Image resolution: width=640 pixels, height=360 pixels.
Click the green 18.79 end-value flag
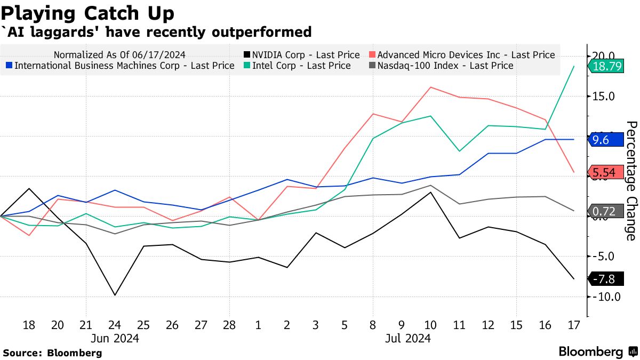pyautogui.click(x=606, y=66)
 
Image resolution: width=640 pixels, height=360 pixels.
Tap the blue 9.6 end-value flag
pyautogui.click(x=606, y=140)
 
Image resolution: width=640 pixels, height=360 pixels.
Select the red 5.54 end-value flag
pyautogui.click(x=606, y=172)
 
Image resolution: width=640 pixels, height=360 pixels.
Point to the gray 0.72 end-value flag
pyautogui.click(x=606, y=211)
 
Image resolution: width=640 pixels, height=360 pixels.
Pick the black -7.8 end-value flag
pyautogui.click(x=606, y=279)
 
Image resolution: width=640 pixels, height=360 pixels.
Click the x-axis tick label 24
pyautogui.click(x=115, y=325)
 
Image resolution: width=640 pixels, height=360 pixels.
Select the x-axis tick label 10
pyautogui.click(x=430, y=325)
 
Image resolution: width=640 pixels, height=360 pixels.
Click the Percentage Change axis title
pyautogui.click(x=631, y=180)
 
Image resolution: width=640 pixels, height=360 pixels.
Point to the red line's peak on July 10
pyautogui.click(x=430, y=87)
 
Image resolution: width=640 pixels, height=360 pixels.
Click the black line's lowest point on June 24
pyautogui.click(x=115, y=295)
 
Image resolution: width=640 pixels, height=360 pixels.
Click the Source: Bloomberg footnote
pyautogui.click(x=52, y=353)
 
